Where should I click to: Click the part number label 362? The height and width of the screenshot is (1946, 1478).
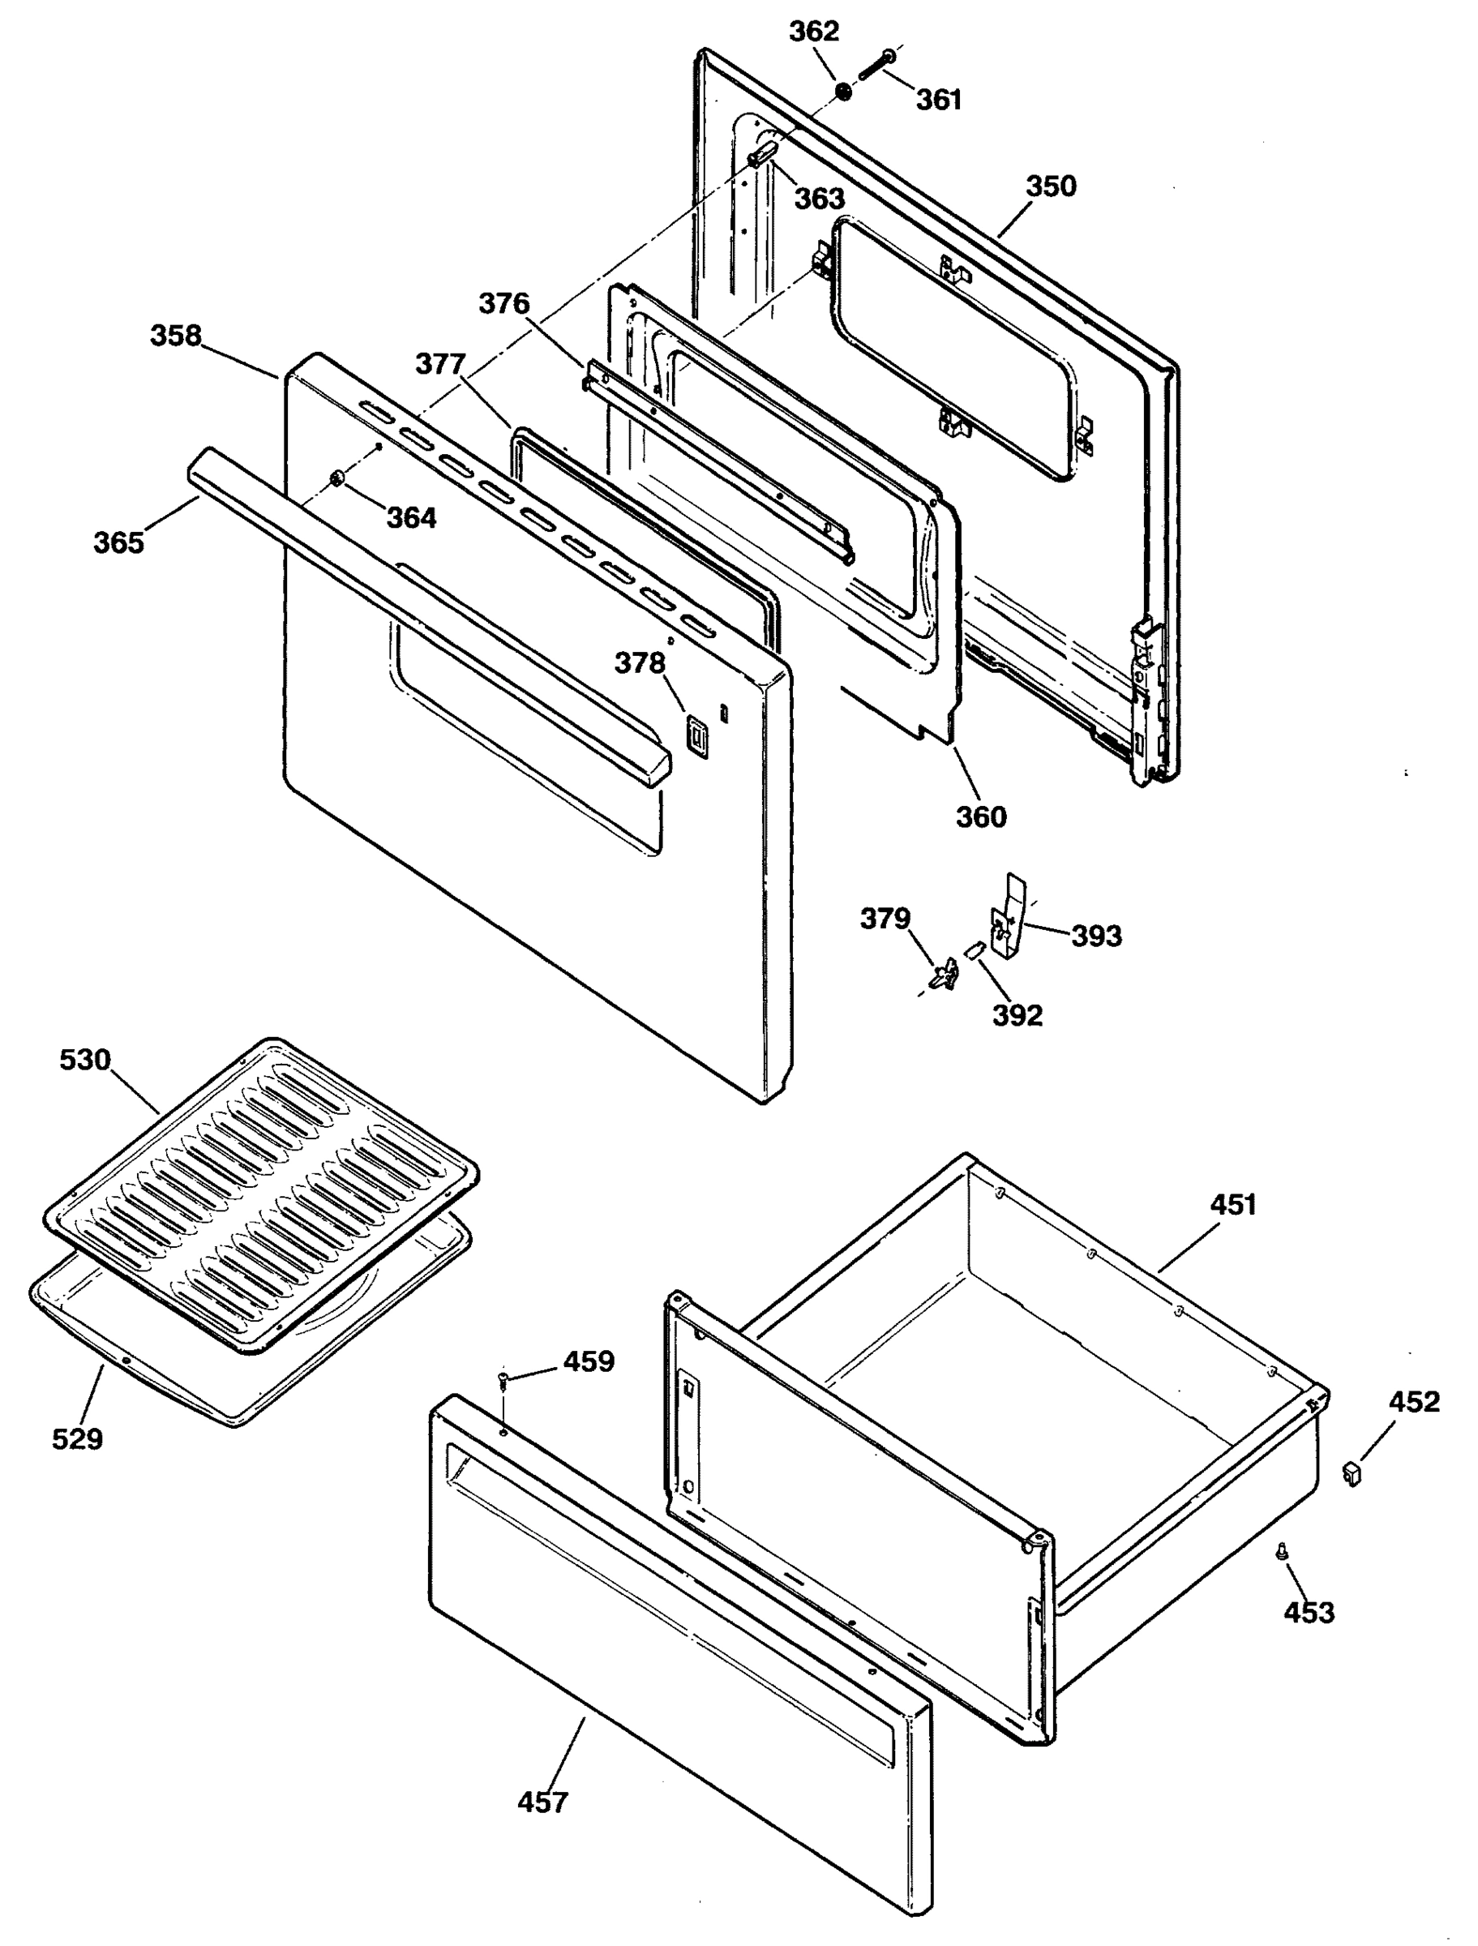click(x=814, y=32)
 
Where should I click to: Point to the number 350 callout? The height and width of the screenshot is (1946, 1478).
click(x=1051, y=186)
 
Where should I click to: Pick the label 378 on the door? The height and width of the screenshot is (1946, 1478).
click(x=640, y=662)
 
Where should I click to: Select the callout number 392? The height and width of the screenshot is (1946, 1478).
click(x=1017, y=1015)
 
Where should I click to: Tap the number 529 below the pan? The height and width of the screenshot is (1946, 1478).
click(x=77, y=1439)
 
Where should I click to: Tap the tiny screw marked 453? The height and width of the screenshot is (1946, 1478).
click(x=1281, y=1554)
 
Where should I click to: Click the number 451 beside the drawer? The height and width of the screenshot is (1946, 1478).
click(x=1233, y=1204)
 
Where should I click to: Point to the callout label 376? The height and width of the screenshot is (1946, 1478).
click(x=504, y=303)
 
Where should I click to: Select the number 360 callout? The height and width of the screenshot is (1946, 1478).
click(x=981, y=817)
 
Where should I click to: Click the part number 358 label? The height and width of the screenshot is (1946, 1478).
click(x=176, y=335)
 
